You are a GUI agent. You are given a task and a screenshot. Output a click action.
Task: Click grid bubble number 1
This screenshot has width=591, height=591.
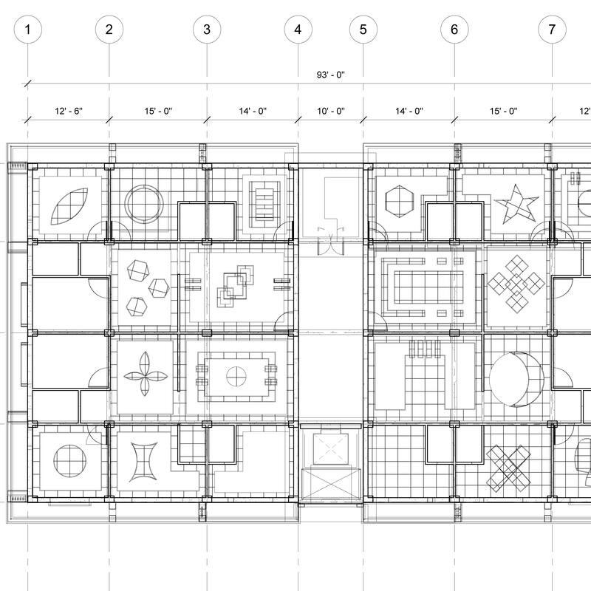coord(27,30)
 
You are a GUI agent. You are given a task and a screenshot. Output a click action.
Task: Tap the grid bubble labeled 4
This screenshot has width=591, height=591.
coord(298,30)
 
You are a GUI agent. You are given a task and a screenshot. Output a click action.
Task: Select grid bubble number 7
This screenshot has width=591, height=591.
coord(552,30)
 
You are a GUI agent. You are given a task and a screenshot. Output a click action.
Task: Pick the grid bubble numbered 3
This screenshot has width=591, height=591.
coord(207,30)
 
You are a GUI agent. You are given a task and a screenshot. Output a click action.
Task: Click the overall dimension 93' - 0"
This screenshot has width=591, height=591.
coord(330,75)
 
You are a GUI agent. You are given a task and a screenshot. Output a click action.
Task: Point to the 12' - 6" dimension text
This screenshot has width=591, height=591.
coord(69,112)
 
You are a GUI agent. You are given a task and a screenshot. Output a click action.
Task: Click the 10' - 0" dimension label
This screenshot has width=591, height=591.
coord(331,112)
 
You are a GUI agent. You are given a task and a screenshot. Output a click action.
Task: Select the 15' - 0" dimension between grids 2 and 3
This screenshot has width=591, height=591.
coord(158,112)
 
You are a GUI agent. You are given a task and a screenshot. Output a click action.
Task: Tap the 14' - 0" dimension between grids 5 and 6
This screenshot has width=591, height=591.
coord(409,112)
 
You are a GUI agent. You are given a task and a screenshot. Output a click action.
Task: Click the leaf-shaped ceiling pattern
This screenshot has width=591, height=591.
coord(69,207)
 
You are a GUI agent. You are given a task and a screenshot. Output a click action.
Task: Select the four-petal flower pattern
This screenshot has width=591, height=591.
coord(146,374)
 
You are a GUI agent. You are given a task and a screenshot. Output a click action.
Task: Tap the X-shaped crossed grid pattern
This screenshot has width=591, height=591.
coord(508,468)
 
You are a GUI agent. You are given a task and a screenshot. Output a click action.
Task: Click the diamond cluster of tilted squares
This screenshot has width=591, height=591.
coord(516,282)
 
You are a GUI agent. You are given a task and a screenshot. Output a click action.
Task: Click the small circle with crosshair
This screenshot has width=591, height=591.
coord(236,376)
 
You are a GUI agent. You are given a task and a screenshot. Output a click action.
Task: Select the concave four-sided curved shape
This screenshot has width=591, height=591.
coord(143,462)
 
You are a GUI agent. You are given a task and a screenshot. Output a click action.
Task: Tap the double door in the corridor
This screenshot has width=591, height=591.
coord(330,241)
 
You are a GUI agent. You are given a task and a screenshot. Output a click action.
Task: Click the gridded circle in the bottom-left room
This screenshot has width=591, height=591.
coord(69,460)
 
